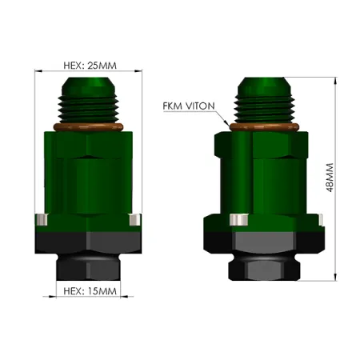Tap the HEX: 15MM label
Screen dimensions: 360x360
[88, 291]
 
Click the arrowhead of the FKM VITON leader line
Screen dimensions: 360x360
[227, 125]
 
